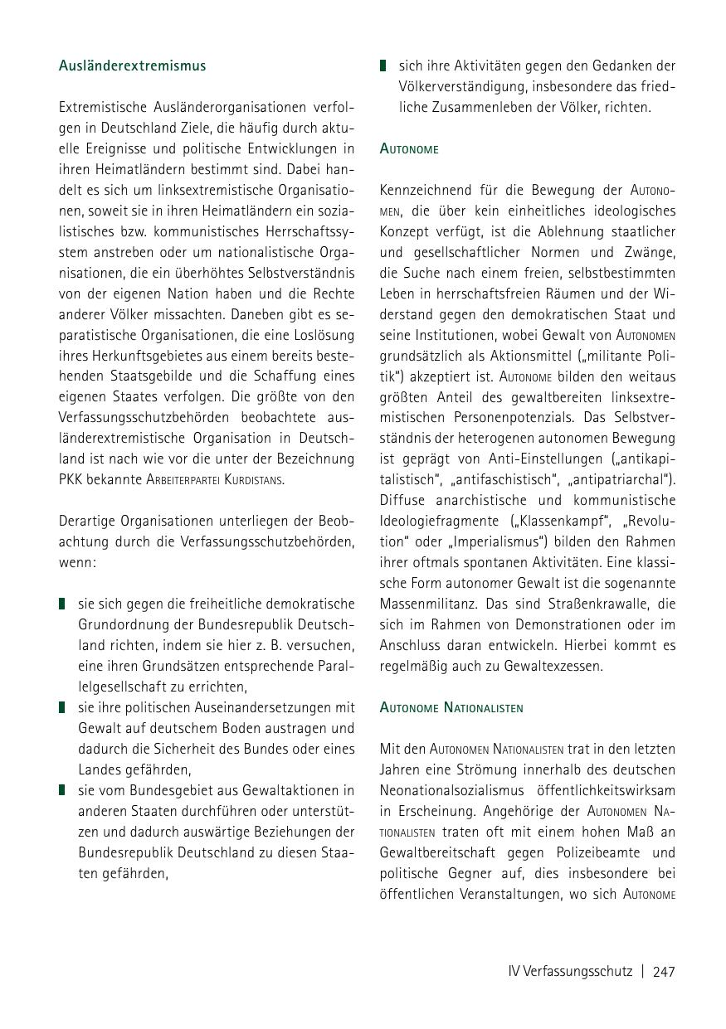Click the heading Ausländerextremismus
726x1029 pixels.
click(132, 66)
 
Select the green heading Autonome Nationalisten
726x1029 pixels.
click(451, 708)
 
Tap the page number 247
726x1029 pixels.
click(664, 972)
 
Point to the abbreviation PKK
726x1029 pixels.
click(73, 480)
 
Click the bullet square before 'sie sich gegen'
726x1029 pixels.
click(62, 604)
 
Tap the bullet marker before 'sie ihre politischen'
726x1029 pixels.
click(62, 707)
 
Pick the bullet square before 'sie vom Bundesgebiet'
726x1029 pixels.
click(62, 790)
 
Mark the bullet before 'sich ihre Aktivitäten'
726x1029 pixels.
click(383, 66)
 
